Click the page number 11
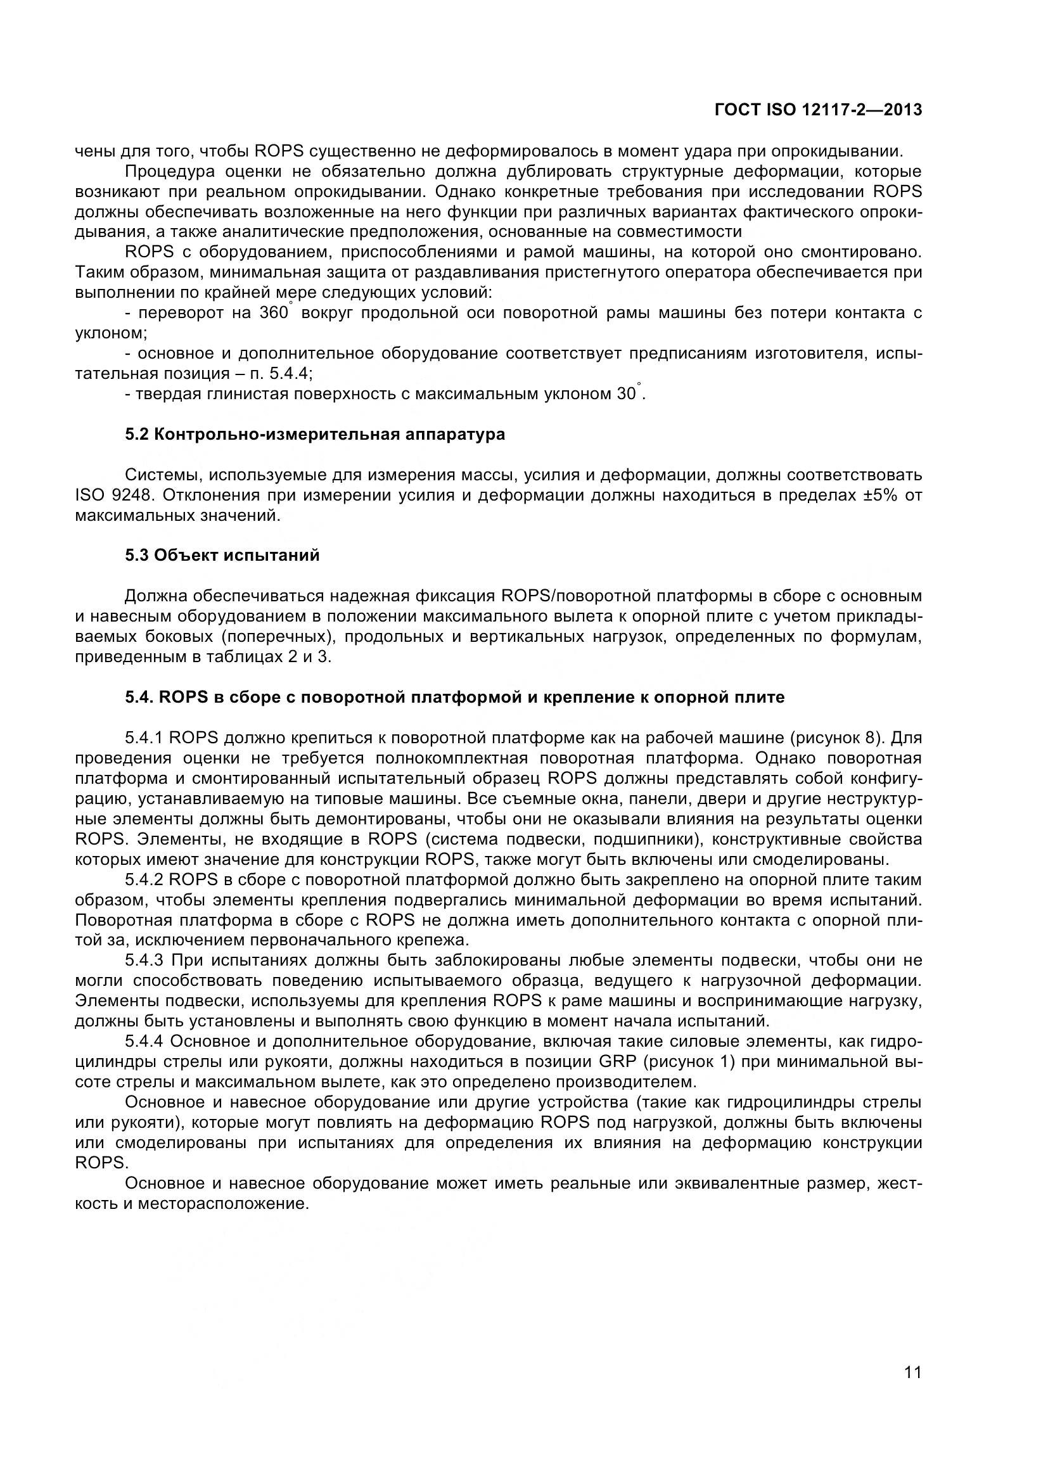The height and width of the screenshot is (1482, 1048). click(913, 1389)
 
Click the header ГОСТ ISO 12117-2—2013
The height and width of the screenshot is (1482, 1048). click(818, 110)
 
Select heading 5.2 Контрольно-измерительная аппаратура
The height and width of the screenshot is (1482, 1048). click(315, 435)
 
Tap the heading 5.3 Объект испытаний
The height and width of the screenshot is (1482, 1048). click(222, 556)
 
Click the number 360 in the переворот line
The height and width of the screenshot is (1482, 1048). click(273, 314)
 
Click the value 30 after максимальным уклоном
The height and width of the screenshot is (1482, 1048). click(626, 394)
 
